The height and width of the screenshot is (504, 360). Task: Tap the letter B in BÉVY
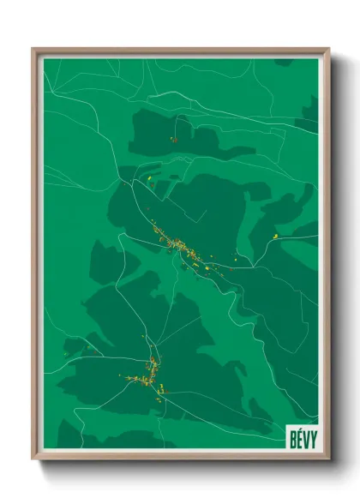291,435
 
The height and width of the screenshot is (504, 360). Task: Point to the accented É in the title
297,435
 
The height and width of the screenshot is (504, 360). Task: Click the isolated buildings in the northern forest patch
174,139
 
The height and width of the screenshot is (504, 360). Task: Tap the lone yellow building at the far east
275,234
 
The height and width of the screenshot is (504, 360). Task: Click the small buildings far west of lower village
66,352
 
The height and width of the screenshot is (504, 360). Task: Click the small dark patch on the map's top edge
284,63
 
